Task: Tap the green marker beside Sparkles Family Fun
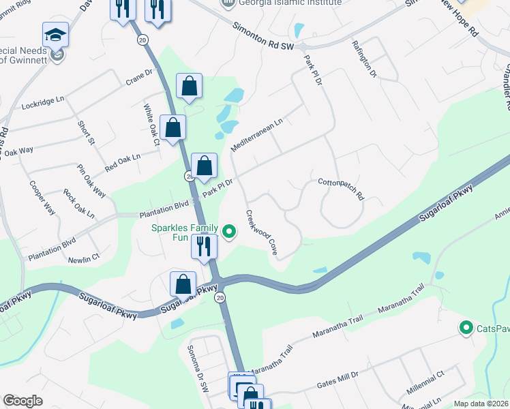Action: tap(230, 233)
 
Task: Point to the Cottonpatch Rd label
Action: tap(342, 187)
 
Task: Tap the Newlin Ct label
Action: tap(84, 258)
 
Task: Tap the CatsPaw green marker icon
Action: tap(466, 329)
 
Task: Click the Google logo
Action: tap(23, 401)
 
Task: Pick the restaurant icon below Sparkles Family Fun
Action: tap(203, 246)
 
